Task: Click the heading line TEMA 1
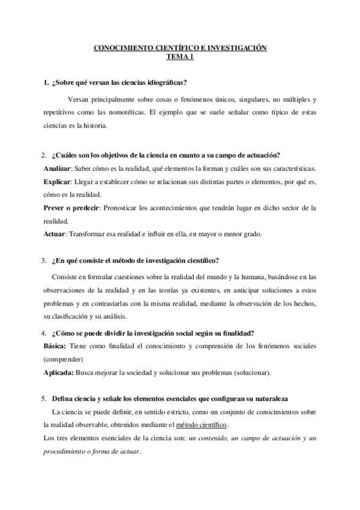click(180, 59)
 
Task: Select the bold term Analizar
click(58, 169)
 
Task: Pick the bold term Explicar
click(57, 182)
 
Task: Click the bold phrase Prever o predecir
click(71, 208)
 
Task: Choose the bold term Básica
click(56, 347)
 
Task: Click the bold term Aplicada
click(59, 373)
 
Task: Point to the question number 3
click(44, 260)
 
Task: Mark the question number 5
click(44, 399)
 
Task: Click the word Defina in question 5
click(63, 399)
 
